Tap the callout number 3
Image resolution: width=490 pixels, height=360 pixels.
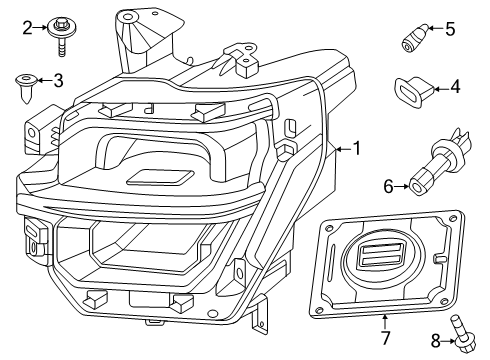click(58, 80)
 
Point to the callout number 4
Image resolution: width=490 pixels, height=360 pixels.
click(454, 87)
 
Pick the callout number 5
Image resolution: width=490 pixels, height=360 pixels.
click(450, 29)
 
